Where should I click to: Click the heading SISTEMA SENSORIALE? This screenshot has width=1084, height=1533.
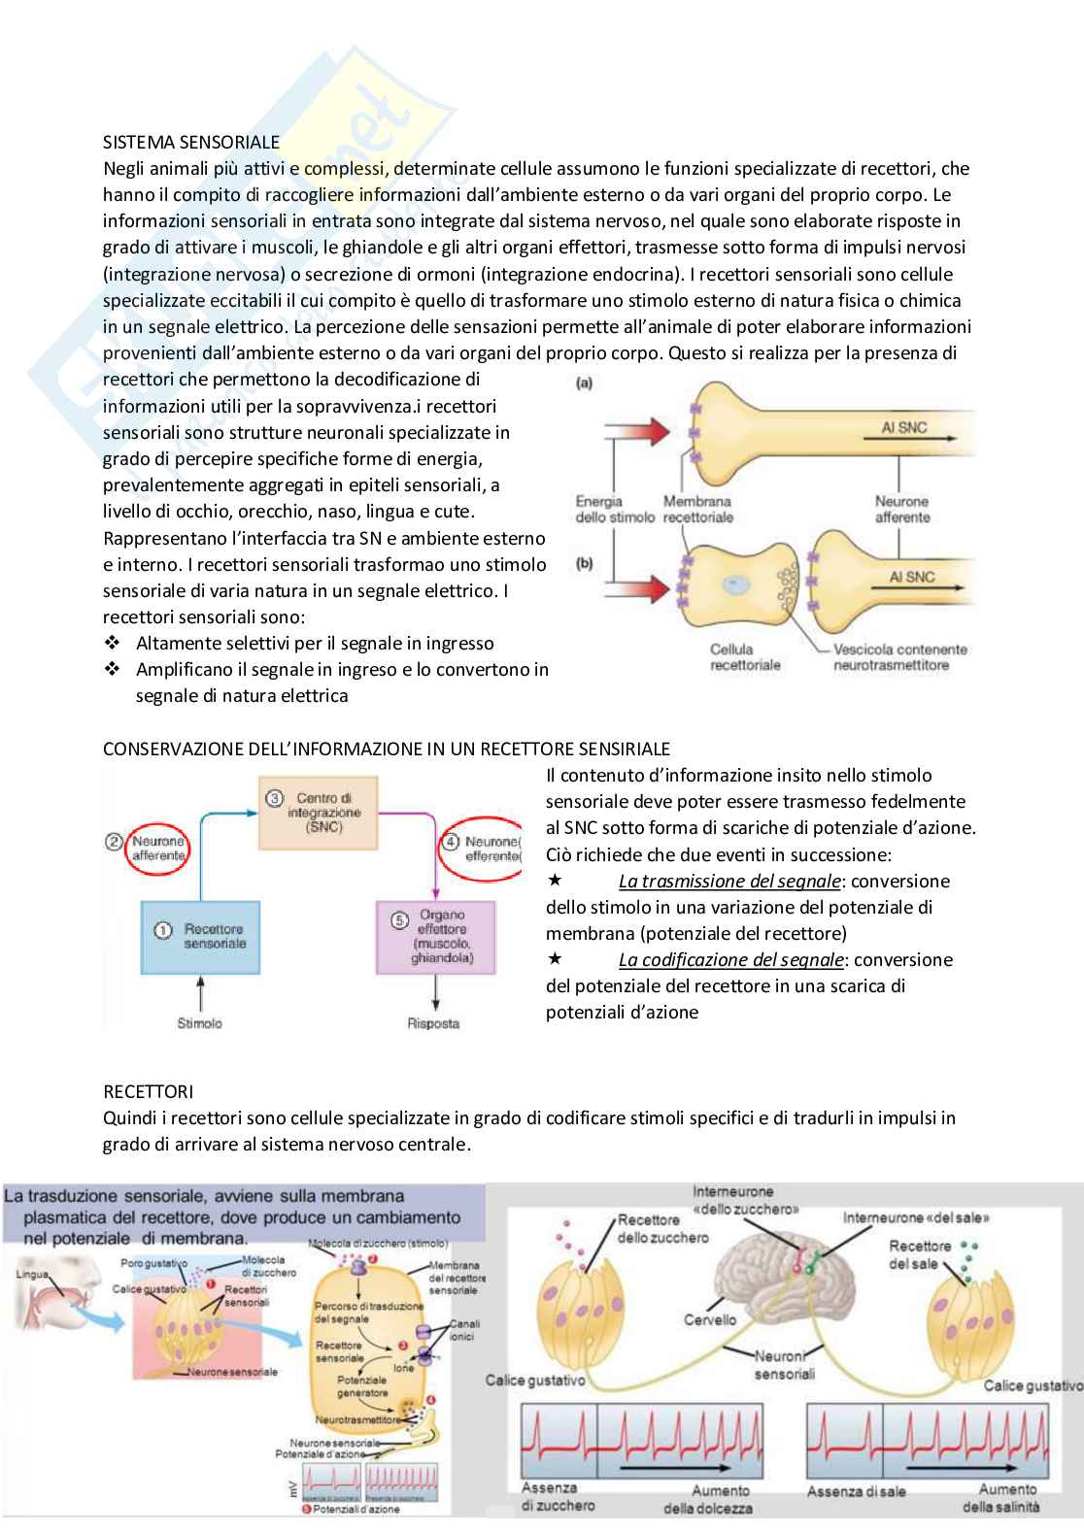coord(191,142)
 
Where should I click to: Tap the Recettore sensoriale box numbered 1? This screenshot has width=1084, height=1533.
coord(200,936)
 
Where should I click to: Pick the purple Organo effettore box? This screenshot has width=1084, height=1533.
coord(435,936)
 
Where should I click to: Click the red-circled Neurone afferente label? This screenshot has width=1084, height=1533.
coord(157,848)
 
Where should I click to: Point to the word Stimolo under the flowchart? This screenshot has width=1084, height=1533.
coord(199,1022)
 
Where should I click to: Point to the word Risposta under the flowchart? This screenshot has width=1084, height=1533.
coord(433,1022)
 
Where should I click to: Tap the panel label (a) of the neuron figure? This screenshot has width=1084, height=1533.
coord(584,383)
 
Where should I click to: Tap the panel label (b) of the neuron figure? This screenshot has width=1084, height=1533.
coord(584,563)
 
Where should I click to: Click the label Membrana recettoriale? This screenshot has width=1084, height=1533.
coord(697,509)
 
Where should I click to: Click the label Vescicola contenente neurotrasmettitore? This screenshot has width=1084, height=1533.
coord(900,657)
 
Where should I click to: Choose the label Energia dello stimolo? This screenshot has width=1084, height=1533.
coord(614,509)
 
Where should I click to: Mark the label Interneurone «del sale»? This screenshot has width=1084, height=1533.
coord(916,1217)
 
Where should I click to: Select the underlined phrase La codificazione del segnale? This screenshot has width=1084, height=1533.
coord(730,960)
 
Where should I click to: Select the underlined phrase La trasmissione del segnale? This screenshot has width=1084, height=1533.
coord(729,882)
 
